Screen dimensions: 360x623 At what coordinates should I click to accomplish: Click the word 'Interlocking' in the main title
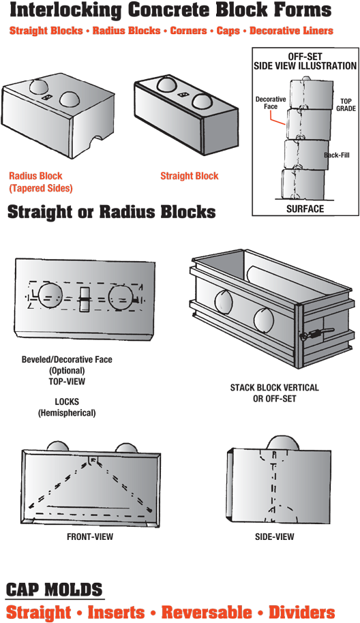coord(65,10)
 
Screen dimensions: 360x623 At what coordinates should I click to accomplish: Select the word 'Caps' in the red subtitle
coord(228,31)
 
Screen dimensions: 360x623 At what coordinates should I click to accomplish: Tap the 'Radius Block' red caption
coord(35,176)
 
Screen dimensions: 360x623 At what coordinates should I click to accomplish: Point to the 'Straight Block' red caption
coord(189,176)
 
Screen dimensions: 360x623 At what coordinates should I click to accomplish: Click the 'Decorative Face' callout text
coord(271,102)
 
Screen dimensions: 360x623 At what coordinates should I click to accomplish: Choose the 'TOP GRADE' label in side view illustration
coord(346,105)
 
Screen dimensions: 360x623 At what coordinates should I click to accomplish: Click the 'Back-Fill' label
coord(337,155)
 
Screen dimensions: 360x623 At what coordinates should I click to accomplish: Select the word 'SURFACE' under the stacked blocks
coord(305,209)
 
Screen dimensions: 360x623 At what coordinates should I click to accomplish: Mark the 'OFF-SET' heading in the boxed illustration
coord(305,57)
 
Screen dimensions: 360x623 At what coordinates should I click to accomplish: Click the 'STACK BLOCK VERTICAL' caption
coord(275,387)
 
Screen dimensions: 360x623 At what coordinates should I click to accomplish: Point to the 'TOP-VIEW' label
coord(67,382)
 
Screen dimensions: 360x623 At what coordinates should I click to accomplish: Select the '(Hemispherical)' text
coord(67,413)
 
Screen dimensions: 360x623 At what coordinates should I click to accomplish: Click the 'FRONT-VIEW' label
coord(90,536)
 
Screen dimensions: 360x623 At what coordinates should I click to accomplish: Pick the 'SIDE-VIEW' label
coord(275,536)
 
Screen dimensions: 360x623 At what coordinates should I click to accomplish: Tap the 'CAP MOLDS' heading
coord(55,590)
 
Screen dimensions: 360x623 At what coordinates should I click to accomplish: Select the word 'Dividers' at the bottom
coord(301,612)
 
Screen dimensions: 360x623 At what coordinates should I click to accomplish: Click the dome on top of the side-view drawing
coord(284,444)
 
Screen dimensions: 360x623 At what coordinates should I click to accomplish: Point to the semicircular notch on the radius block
coord(97,142)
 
